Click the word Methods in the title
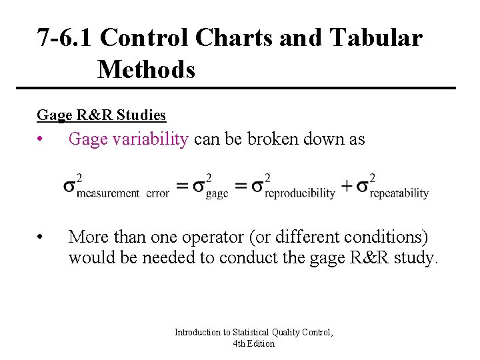146,69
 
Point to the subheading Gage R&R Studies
101,115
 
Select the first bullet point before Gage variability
41,139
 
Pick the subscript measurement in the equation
107,193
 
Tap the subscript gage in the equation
217,193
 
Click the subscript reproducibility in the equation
300,193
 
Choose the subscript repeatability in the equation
399,193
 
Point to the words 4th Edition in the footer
253,343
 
